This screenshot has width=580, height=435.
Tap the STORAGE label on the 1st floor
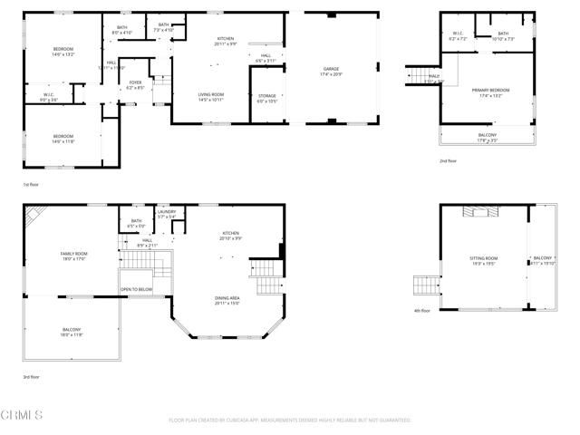(266, 98)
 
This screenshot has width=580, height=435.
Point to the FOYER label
(135, 85)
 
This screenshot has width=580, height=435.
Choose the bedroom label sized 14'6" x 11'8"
(62, 139)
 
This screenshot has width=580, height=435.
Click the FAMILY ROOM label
(73, 256)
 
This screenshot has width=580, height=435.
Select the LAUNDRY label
(166, 215)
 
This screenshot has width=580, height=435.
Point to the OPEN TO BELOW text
(136, 290)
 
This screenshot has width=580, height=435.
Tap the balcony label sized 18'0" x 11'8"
(72, 332)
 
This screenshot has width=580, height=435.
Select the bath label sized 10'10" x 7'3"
(503, 36)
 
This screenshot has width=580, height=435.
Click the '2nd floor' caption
(447, 161)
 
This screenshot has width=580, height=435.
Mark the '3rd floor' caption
(32, 376)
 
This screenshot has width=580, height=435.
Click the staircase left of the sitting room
(425, 287)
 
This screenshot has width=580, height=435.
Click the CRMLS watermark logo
(22, 416)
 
